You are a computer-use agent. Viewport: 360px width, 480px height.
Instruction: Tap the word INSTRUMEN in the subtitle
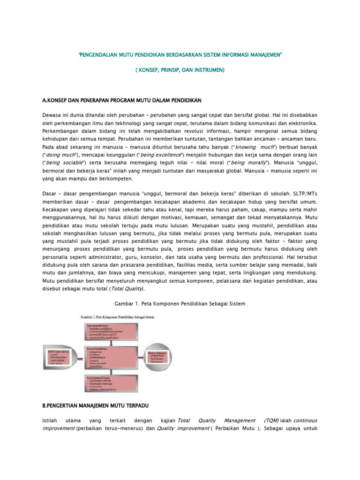208,70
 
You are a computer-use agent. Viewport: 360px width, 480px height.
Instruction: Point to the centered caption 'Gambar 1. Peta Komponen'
180,304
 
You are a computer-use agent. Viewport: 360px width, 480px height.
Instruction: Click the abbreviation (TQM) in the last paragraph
272,420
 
